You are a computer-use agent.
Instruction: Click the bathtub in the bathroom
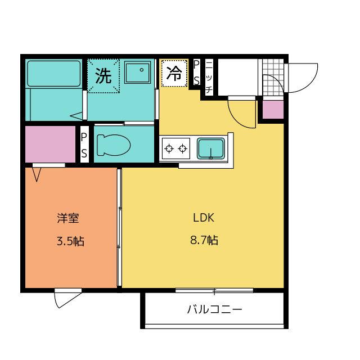[54, 74]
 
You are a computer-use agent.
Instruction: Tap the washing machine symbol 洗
[103, 76]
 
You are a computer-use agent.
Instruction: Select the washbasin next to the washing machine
[137, 73]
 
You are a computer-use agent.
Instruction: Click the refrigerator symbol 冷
[174, 74]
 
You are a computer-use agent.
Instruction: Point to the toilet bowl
[114, 145]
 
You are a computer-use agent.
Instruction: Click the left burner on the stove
[169, 148]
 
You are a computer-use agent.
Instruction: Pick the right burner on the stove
[183, 148]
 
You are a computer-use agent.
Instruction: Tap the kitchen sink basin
[211, 148]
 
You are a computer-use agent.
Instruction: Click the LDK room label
[204, 218]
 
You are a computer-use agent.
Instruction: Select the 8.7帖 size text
[204, 240]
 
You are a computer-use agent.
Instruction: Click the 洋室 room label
[68, 218]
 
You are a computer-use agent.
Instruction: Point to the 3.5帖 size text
[70, 241]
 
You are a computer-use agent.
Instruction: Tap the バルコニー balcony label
[215, 309]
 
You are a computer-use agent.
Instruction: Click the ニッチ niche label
[209, 77]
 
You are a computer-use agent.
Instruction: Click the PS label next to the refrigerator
[196, 73]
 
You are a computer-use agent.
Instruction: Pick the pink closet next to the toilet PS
[50, 144]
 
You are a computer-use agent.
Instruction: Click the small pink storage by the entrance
[273, 110]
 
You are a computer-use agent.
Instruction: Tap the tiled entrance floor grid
[273, 77]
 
